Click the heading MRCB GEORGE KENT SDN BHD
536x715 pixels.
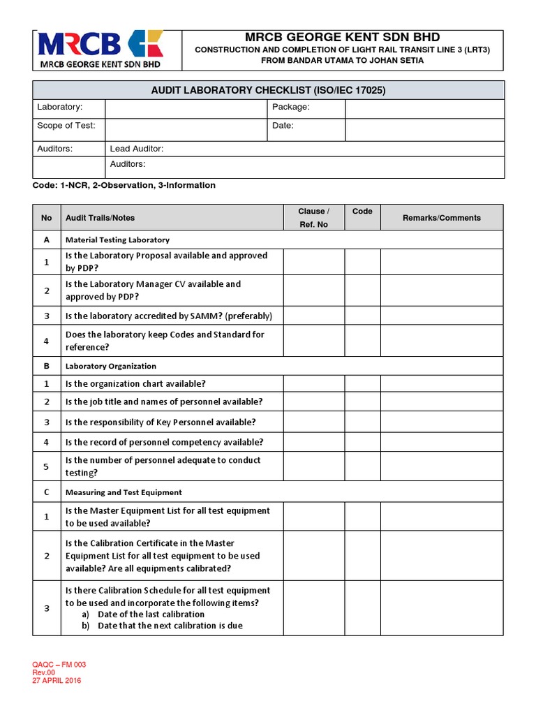click(x=342, y=37)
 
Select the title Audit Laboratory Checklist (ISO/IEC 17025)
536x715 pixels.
click(x=269, y=90)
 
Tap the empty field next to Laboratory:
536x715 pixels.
click(x=185, y=108)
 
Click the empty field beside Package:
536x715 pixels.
click(x=424, y=108)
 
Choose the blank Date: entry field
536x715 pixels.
click(x=424, y=128)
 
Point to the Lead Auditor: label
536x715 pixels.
click(x=137, y=149)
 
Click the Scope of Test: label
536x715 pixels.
click(x=66, y=126)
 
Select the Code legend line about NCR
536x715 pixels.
click(x=124, y=185)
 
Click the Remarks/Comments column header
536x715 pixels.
click(x=441, y=218)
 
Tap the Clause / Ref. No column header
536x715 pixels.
click(x=313, y=218)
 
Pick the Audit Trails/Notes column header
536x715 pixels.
click(x=100, y=218)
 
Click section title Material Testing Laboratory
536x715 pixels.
click(x=117, y=239)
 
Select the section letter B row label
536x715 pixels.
click(x=47, y=366)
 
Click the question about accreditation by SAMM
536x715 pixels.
click(x=168, y=316)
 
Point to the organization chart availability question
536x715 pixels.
click(x=135, y=383)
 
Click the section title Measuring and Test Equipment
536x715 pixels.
click(x=124, y=492)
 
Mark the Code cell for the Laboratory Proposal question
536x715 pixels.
click(x=362, y=262)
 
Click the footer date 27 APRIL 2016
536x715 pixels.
click(x=57, y=681)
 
